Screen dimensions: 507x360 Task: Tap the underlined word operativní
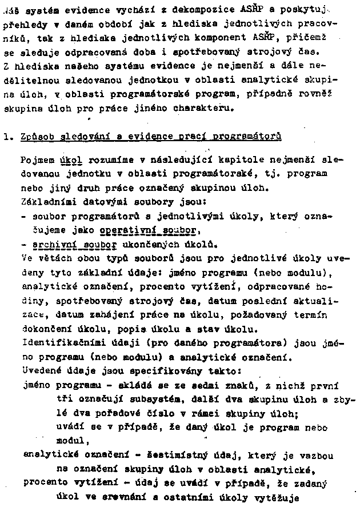pyautogui.click(x=121, y=230)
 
